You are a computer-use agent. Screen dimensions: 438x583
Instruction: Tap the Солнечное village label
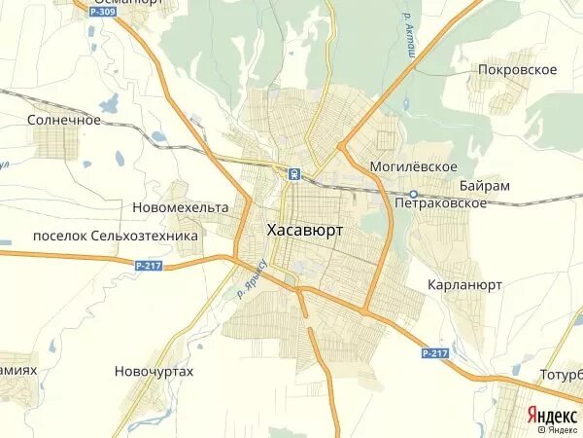[65, 120]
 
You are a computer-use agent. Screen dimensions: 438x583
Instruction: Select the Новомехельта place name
[180, 207]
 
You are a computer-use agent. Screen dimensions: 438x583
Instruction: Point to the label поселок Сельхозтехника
[115, 236]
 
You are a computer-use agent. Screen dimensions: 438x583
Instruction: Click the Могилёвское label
[413, 166]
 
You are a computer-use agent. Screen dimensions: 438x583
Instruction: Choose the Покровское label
[518, 69]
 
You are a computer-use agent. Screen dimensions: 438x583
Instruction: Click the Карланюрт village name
[464, 285]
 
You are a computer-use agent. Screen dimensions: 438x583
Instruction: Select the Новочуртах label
[154, 371]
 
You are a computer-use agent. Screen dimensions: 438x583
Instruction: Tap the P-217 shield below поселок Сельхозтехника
[149, 265]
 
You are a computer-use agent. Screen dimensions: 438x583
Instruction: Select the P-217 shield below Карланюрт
[436, 352]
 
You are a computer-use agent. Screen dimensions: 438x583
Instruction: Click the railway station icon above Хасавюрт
[293, 173]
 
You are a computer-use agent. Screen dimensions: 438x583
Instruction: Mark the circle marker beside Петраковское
[414, 194]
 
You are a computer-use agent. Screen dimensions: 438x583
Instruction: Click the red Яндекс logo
[552, 414]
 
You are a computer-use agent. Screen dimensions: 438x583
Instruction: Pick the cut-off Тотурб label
[561, 375]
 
